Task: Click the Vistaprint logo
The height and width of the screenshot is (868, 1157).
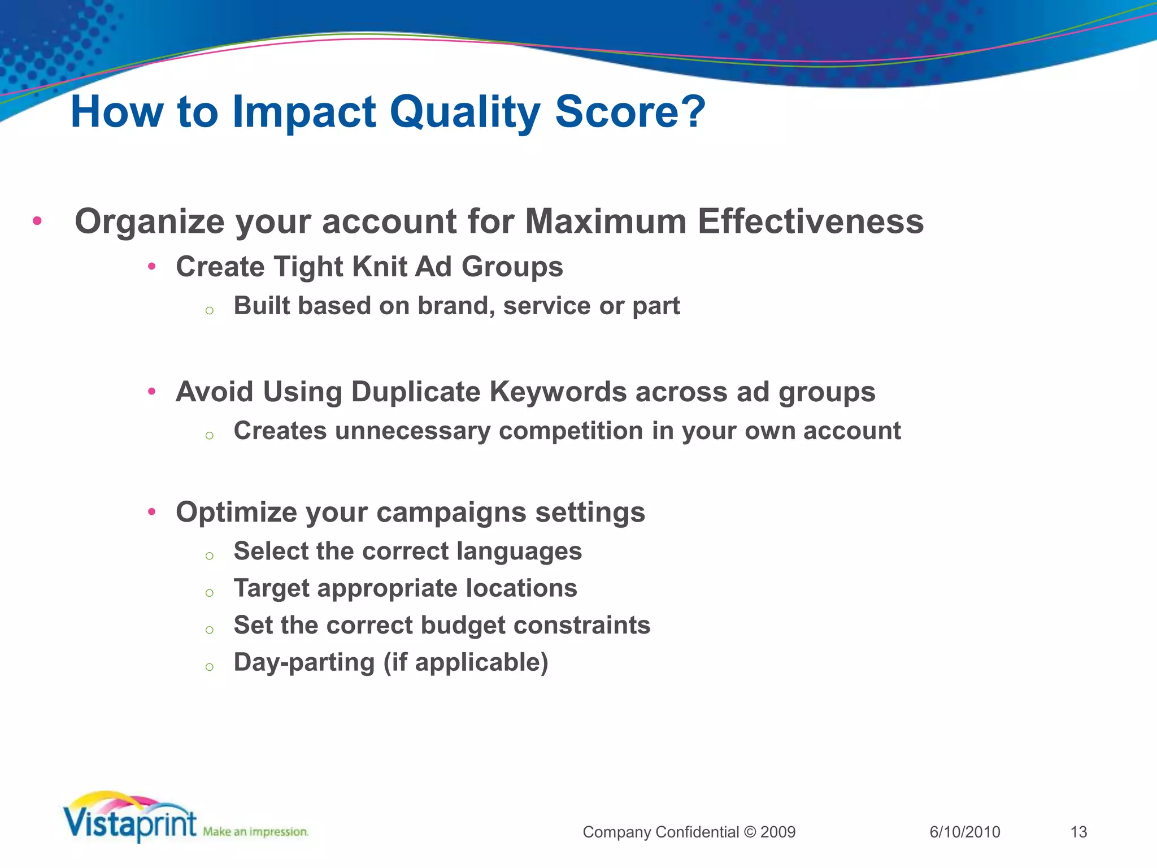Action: coord(130,819)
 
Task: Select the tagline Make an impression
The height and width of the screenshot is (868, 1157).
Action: coord(255,832)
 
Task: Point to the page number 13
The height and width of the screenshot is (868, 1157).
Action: coord(1078,832)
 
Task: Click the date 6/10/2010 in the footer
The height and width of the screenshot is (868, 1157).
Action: coord(964,832)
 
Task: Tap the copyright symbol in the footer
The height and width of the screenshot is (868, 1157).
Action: coord(750,832)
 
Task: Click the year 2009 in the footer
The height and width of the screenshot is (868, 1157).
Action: coord(778,832)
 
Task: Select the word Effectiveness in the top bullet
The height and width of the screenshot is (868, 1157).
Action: coord(810,221)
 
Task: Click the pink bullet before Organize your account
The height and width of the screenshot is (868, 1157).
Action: coord(37,221)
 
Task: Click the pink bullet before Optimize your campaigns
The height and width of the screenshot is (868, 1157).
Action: coord(151,512)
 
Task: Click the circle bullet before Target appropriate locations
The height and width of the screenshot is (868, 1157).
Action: coord(210,593)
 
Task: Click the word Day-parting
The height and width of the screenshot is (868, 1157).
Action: coord(304,662)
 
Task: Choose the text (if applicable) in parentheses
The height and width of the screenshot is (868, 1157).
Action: coord(466,662)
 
